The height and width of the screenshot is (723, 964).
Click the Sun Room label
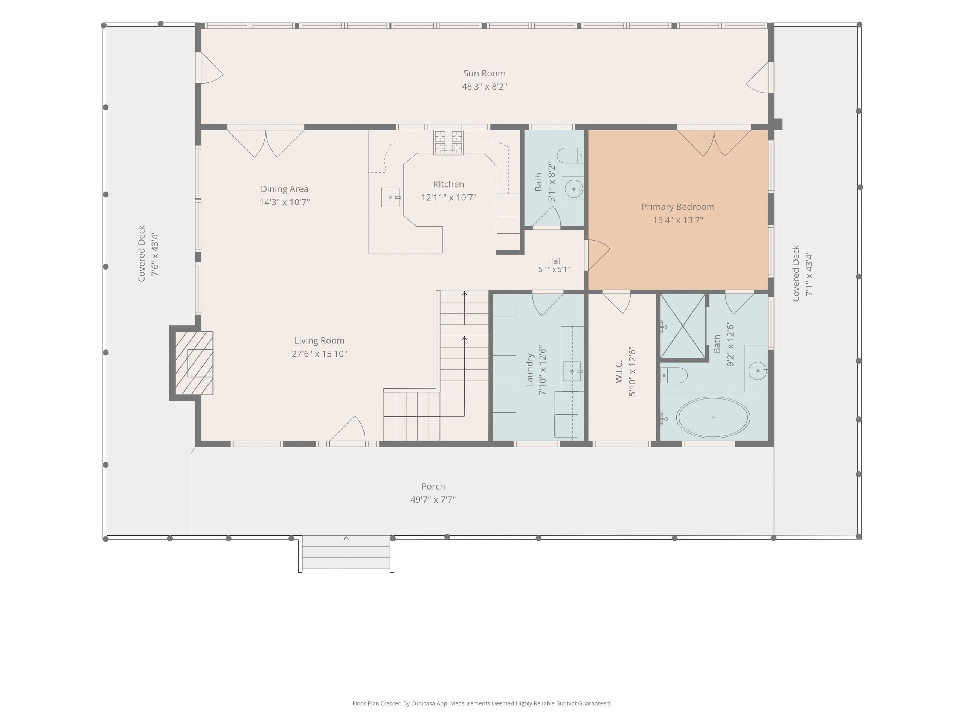[x=484, y=73]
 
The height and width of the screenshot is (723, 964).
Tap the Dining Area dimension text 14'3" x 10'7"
[x=285, y=202]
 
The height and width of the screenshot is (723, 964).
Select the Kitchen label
[x=448, y=185]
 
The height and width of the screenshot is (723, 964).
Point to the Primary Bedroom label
[x=678, y=207]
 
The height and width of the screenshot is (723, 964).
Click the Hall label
[x=554, y=261]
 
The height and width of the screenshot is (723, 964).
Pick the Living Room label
[x=319, y=341]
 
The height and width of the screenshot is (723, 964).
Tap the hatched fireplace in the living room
[x=194, y=363]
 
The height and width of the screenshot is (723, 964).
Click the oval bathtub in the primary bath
[x=713, y=418]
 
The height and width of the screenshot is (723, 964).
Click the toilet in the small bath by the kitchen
[x=570, y=156]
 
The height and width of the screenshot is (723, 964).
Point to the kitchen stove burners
[x=448, y=142]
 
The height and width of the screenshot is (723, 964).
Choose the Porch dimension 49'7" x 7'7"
[x=433, y=499]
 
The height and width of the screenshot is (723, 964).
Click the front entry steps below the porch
[x=346, y=552]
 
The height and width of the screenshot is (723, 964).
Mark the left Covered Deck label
[x=141, y=254]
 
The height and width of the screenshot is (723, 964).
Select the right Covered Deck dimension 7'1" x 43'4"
[x=809, y=273]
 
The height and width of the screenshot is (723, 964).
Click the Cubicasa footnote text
[x=482, y=703]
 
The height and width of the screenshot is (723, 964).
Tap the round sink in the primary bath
[x=758, y=371]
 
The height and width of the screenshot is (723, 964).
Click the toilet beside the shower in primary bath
[x=674, y=375]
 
